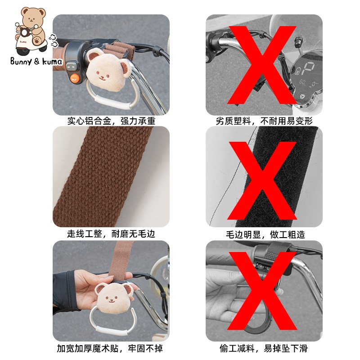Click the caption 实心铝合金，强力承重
[x=111, y=121]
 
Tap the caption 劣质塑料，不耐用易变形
[x=264, y=121]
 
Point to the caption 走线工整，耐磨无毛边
[x=111, y=234]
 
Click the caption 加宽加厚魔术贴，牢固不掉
[x=110, y=348]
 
